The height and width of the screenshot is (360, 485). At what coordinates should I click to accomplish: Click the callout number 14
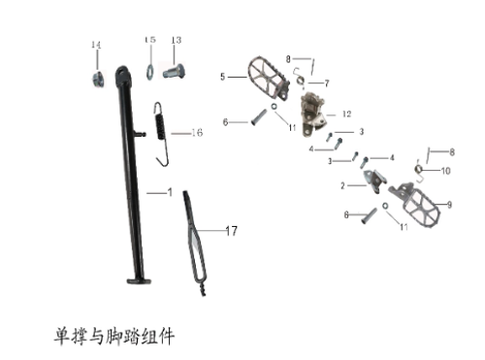pyautogui.click(x=96, y=45)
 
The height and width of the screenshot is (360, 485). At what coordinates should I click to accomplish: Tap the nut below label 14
pyautogui.click(x=98, y=79)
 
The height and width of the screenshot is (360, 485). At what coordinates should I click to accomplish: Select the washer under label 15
pyautogui.click(x=150, y=70)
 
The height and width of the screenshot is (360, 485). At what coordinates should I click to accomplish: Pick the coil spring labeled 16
pyautogui.click(x=164, y=126)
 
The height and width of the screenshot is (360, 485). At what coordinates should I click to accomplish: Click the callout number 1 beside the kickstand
pyautogui.click(x=169, y=193)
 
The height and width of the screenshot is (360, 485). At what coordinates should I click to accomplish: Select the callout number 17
pyautogui.click(x=231, y=231)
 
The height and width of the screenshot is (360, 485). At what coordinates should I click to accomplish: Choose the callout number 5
pyautogui.click(x=222, y=76)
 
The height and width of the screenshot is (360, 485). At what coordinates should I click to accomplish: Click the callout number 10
pyautogui.click(x=446, y=172)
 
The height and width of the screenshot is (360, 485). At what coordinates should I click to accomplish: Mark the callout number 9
pyautogui.click(x=448, y=204)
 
